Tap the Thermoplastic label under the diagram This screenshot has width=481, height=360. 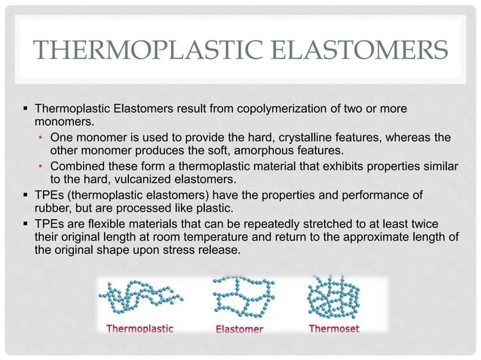[140, 329]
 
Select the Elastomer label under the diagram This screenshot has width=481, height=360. [239, 329]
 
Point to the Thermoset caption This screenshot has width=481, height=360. [334, 329]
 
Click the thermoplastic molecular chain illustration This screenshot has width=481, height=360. [140, 299]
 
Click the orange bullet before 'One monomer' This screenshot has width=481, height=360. [41, 138]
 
